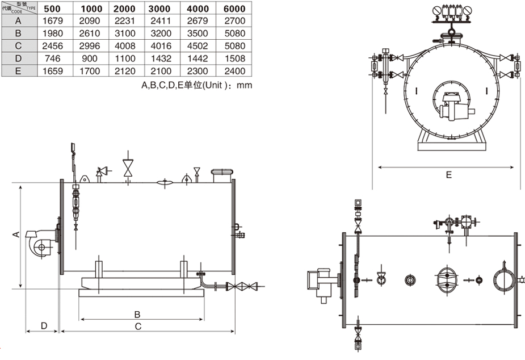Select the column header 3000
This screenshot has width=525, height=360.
159,9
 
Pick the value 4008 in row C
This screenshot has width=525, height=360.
124,46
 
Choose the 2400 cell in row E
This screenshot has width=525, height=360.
234,71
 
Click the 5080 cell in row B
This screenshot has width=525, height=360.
234,34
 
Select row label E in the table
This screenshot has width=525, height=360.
18,71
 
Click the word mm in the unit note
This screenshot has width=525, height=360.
244,85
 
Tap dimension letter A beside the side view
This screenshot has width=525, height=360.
16,234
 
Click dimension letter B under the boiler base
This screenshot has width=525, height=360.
137,314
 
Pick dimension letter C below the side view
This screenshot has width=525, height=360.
137,326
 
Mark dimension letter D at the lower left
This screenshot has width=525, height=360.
43,326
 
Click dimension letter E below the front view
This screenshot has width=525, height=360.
448,175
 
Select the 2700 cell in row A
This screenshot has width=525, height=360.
234,20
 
